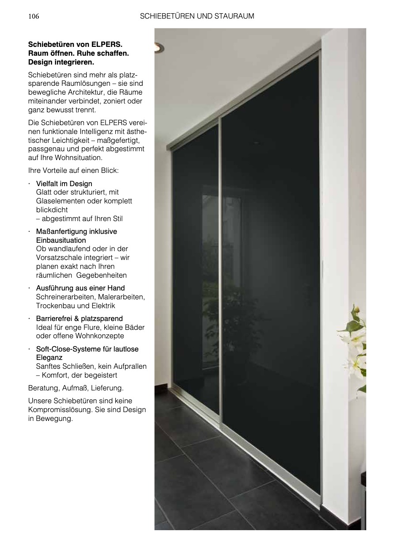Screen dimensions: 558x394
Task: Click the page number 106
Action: pos(34,16)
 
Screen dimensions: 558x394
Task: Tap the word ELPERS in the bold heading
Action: pos(106,45)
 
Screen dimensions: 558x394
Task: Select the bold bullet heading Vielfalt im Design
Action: pos(64,183)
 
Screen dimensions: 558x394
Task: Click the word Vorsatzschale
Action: pos(57,258)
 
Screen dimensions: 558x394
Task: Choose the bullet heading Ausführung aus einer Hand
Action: pos(80,288)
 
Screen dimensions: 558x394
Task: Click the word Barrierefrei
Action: pos(54,319)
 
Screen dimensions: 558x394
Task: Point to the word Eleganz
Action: pos(49,358)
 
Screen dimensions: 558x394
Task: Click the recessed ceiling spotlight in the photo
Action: pos(159,48)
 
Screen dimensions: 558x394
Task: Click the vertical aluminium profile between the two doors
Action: pos(220,265)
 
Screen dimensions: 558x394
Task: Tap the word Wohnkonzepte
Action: pos(101,336)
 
